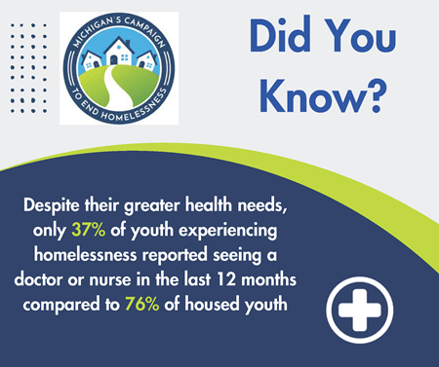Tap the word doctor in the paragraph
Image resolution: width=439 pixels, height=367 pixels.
tap(67, 278)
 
